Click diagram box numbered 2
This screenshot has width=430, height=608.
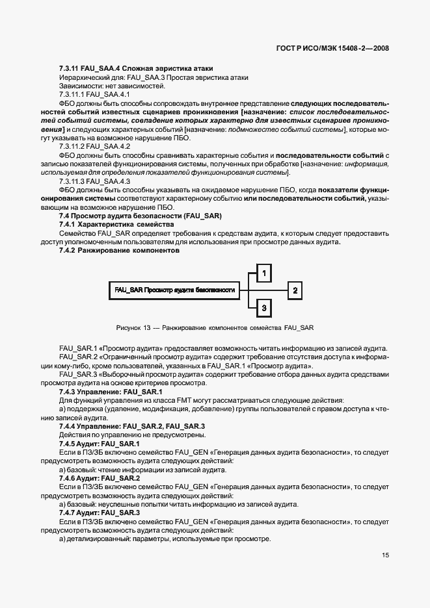(295, 290)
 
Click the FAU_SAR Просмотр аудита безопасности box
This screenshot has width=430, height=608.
(174, 290)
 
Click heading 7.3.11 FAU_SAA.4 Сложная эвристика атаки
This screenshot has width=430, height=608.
(136, 69)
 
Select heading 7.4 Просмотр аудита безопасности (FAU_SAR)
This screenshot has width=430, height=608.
(141, 215)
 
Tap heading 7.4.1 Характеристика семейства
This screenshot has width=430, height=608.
(117, 223)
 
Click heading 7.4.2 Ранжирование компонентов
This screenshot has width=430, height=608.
(118, 249)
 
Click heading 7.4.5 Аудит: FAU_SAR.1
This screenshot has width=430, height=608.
(99, 443)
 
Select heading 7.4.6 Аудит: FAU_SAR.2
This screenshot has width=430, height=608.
(99, 477)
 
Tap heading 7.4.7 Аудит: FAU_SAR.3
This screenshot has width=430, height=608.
(99, 512)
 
